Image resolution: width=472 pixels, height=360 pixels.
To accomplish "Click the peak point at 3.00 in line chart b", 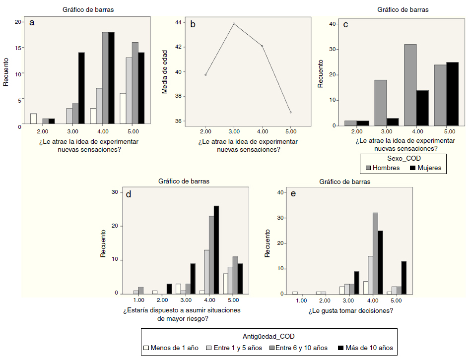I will (234, 23).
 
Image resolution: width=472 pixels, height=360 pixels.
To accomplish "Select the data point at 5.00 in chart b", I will (291, 113).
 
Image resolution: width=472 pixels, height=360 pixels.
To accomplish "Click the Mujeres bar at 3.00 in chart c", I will (394, 122).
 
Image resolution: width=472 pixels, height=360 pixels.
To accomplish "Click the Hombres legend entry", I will (382, 168).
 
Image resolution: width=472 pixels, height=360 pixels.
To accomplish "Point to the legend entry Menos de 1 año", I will (171, 348).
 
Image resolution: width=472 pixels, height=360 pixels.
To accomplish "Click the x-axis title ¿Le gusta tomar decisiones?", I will (350, 311).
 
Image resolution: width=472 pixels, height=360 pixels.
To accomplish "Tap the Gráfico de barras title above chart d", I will (184, 181).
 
